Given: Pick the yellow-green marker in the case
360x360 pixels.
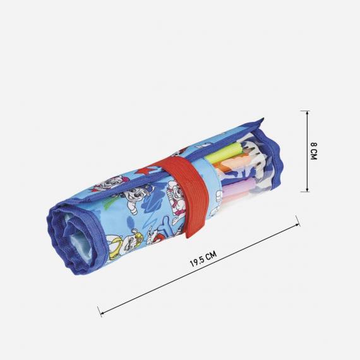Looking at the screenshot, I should click(228, 152).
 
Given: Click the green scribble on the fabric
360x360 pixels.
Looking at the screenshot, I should click(111, 209).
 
